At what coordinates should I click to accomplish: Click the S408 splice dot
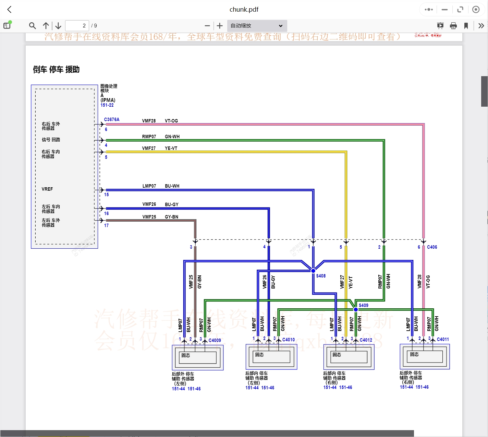(x=313, y=271)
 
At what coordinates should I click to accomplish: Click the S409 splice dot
(x=356, y=309)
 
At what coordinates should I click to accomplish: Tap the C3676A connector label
(x=112, y=120)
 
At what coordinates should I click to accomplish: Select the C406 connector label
(x=432, y=247)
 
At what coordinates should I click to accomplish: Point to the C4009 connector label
(x=215, y=340)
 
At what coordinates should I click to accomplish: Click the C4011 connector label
(x=443, y=339)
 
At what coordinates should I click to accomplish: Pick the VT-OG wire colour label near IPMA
(x=171, y=121)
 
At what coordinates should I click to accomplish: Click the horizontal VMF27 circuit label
(x=149, y=148)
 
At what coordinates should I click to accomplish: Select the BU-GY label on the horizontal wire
(x=171, y=204)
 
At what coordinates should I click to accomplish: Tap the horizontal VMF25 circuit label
(x=149, y=217)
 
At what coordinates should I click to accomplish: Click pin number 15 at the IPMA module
(x=107, y=194)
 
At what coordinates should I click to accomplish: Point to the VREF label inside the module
(x=47, y=189)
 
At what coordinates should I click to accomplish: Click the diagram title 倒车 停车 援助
(x=56, y=70)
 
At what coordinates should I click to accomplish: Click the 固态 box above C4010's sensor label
(x=259, y=355)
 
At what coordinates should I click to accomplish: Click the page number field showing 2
(x=77, y=26)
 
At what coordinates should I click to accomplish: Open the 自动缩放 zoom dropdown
(x=257, y=26)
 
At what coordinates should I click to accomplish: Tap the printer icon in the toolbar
(x=453, y=26)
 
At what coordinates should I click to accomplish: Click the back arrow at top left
(x=10, y=10)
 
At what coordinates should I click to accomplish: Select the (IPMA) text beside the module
(x=108, y=100)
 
